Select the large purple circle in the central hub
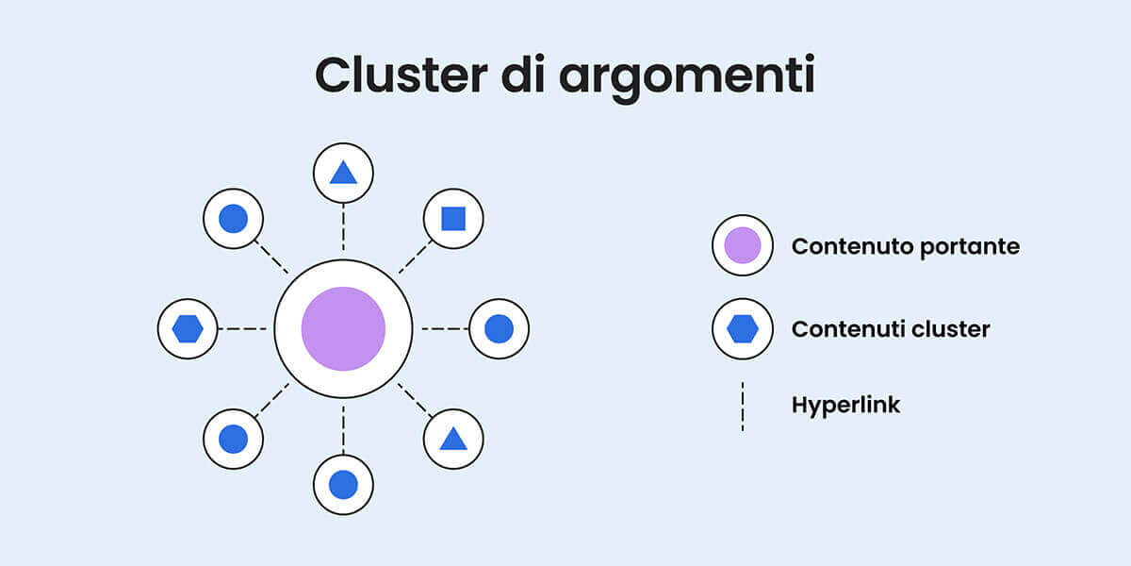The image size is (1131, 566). [343, 329]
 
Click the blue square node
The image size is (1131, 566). [453, 219]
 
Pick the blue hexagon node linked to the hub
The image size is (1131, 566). [188, 329]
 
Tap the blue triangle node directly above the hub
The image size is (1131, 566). [343, 173]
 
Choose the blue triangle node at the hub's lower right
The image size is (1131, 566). [453, 439]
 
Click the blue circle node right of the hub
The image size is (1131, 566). [499, 329]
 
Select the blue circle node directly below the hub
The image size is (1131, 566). [343, 485]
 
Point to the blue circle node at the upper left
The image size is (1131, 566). [233, 219]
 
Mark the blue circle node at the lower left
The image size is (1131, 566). [233, 439]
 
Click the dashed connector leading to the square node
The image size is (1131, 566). [415, 258]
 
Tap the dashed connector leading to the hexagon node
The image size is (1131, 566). [243, 329]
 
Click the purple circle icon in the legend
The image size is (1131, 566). [743, 245]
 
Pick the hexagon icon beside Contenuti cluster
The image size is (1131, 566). [743, 329]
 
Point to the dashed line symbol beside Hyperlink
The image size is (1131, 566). [743, 406]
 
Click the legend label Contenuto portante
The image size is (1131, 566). [905, 246]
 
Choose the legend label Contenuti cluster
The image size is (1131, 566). [891, 329]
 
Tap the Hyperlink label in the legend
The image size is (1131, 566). [845, 406]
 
